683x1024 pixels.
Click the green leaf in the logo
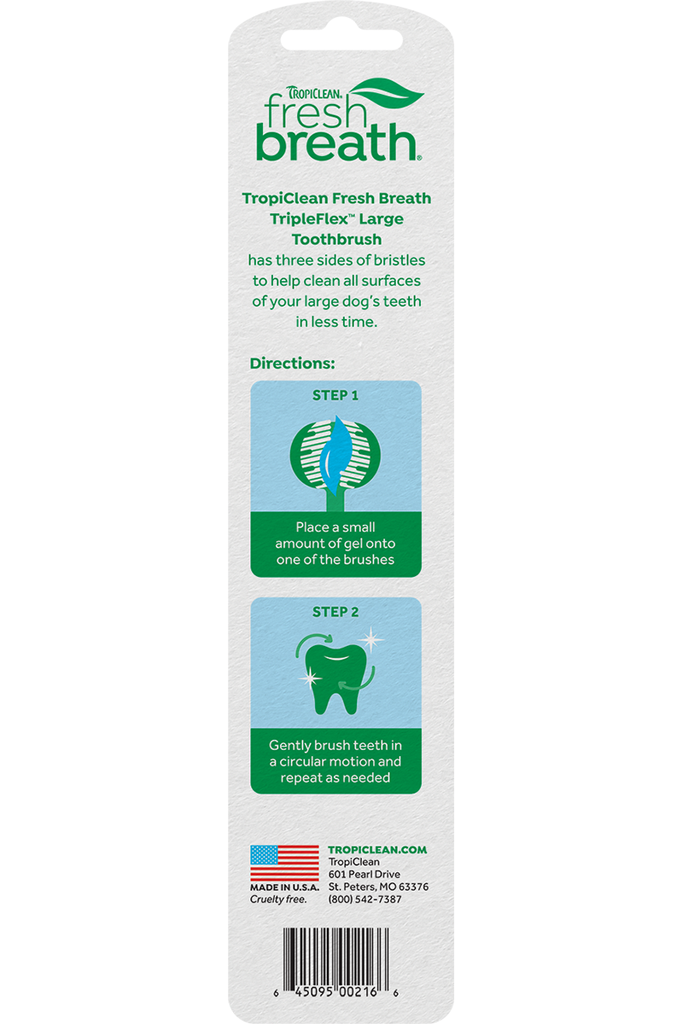coord(387,94)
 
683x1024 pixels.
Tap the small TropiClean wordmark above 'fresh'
coord(314,93)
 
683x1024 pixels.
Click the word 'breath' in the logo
coord(337,143)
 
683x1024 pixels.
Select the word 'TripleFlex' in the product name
coord(309,219)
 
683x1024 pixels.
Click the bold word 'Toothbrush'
coord(336,239)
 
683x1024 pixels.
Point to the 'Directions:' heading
coord(292,364)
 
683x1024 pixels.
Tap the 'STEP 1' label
coord(336,395)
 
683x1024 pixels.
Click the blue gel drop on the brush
coord(336,456)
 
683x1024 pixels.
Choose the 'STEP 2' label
coord(336,612)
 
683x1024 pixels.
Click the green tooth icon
coord(336,679)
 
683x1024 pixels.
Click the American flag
coord(284,864)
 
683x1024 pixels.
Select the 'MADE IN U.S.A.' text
coord(284,887)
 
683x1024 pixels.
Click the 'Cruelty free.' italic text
coord(278,899)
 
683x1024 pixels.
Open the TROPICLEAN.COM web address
coord(377,850)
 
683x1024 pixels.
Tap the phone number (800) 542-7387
coord(365,899)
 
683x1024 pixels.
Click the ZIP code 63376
coord(413,887)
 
